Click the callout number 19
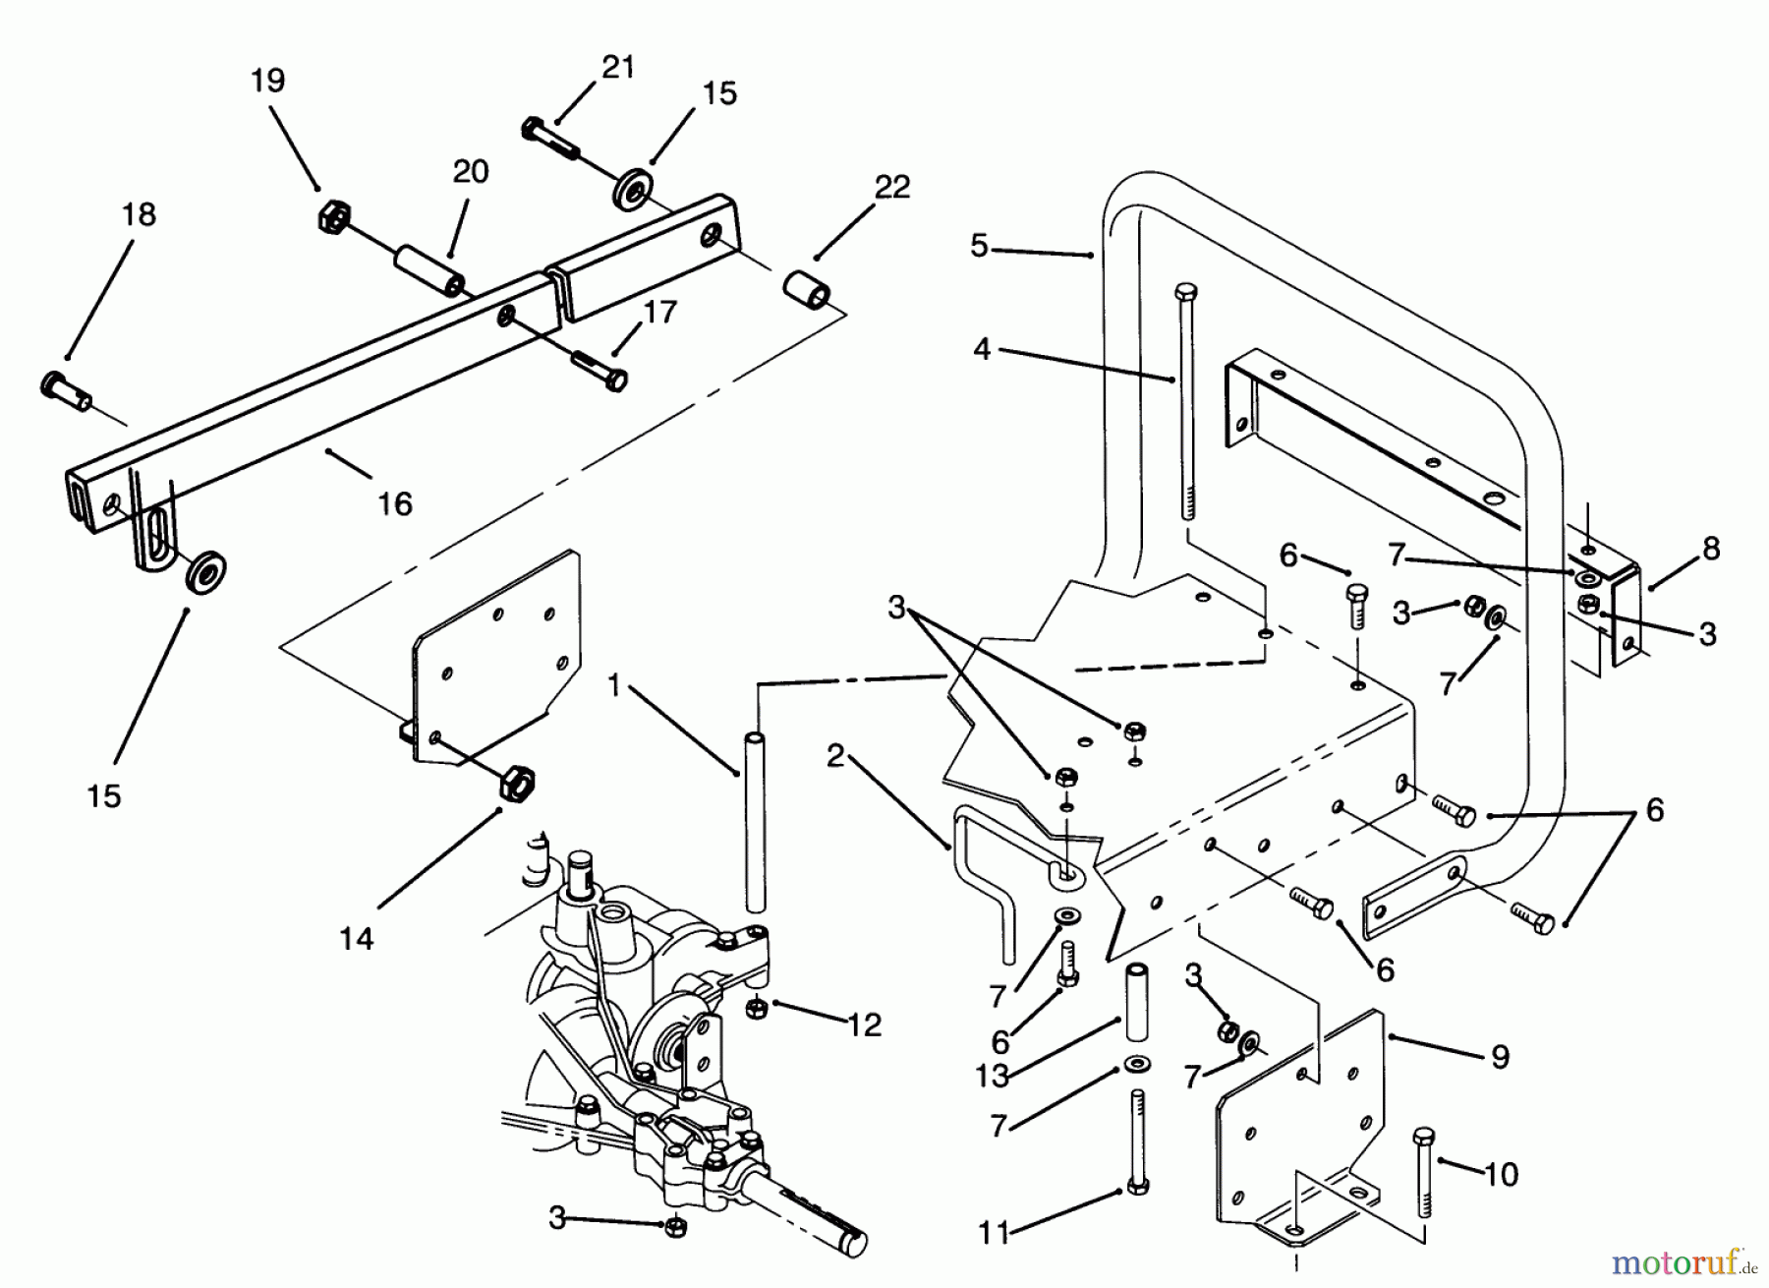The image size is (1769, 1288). coord(267,80)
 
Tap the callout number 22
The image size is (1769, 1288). coord(891,187)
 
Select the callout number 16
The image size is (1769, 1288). coord(395,504)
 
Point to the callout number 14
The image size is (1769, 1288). coord(357,939)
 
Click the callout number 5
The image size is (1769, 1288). coord(978,246)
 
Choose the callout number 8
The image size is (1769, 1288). coord(1711,549)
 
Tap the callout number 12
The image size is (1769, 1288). coord(864,1025)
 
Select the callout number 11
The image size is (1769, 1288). coord(994,1233)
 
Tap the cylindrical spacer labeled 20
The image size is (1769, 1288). coord(428,271)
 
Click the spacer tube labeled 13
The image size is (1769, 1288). coord(1137,1003)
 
